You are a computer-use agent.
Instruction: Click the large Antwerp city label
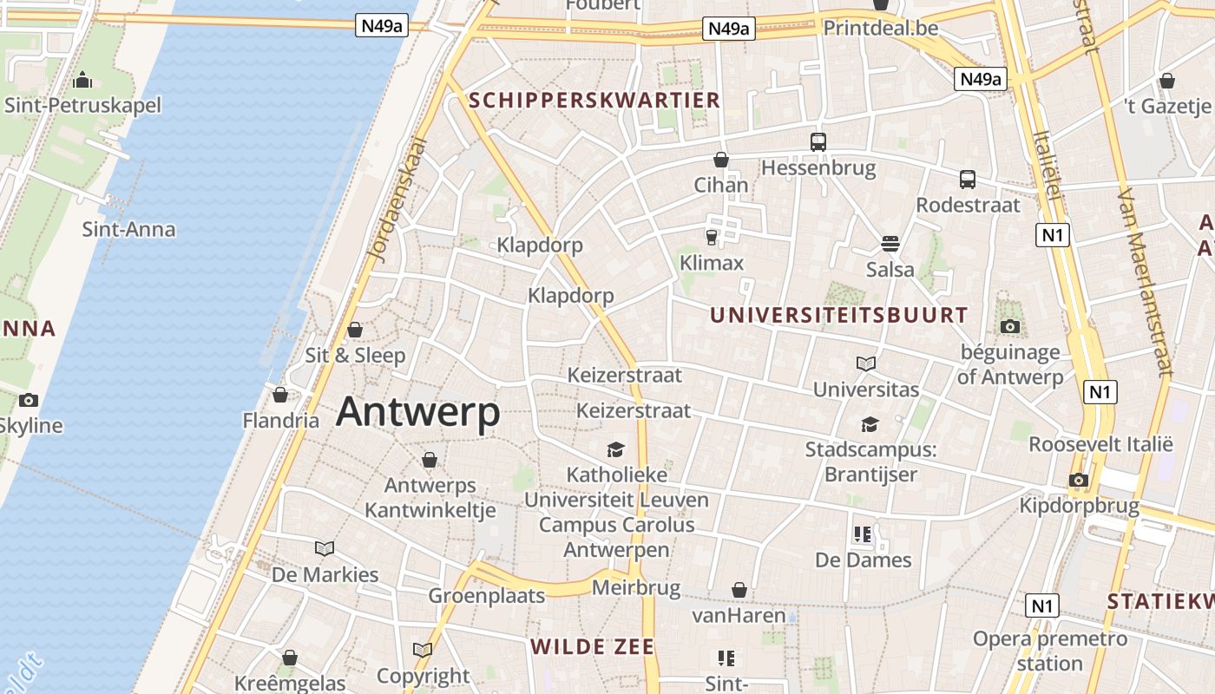(x=417, y=412)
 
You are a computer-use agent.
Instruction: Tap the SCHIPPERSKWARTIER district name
(x=594, y=100)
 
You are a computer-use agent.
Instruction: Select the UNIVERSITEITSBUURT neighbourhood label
(x=838, y=315)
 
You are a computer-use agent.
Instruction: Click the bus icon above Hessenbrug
(x=818, y=141)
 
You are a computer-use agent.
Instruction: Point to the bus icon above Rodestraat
(x=967, y=180)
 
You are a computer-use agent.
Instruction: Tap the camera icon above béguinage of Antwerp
(x=1009, y=327)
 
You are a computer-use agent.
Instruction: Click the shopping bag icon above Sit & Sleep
(x=354, y=330)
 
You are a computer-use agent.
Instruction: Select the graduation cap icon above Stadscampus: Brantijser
(x=870, y=424)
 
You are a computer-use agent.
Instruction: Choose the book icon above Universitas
(x=865, y=363)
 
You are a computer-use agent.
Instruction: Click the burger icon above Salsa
(x=890, y=244)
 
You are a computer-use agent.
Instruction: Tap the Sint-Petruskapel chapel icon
(x=83, y=80)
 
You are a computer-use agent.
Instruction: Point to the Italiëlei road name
(x=1048, y=165)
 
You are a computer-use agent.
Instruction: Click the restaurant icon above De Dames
(x=862, y=534)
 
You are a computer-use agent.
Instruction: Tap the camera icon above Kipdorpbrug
(x=1078, y=480)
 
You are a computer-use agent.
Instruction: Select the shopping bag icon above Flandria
(x=279, y=396)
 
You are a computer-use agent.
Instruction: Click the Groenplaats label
(x=486, y=595)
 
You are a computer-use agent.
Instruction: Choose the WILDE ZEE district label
(x=592, y=646)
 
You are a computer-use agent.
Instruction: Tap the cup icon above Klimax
(x=712, y=236)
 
